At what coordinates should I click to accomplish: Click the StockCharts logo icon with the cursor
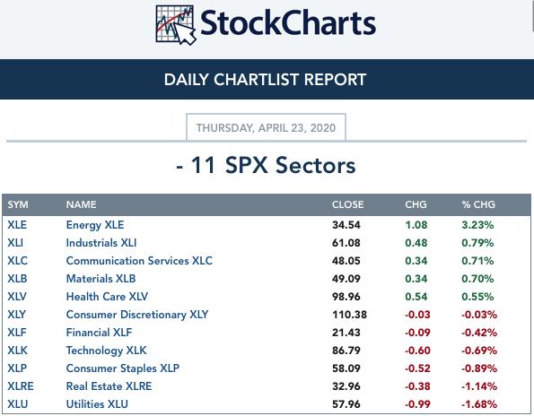[x=176, y=25]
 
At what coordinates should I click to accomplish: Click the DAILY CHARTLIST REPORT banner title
[x=265, y=80]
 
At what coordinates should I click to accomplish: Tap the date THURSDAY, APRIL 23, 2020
[x=266, y=128]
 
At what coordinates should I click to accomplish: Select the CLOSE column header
[x=347, y=204]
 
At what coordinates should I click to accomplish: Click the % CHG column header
[x=478, y=204]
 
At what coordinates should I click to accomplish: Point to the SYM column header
[x=18, y=204]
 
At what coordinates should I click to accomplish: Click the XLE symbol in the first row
[x=17, y=225]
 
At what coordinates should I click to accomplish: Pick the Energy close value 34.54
[x=346, y=225]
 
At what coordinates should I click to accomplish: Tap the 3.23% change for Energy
[x=477, y=225]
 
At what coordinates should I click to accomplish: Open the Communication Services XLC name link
[x=139, y=261]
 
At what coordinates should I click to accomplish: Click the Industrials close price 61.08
[x=346, y=243]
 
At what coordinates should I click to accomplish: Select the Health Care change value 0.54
[x=416, y=297]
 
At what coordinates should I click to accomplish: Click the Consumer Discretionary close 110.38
[x=349, y=315]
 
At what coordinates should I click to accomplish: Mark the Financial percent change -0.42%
[x=479, y=333]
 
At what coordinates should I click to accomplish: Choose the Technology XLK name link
[x=106, y=351]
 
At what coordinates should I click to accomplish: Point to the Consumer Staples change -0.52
[x=417, y=368]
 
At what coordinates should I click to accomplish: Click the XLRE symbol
[x=21, y=386]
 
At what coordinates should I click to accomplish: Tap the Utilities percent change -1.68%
[x=479, y=404]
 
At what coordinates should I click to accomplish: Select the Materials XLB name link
[x=101, y=279]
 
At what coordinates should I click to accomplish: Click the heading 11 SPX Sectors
[x=274, y=165]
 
